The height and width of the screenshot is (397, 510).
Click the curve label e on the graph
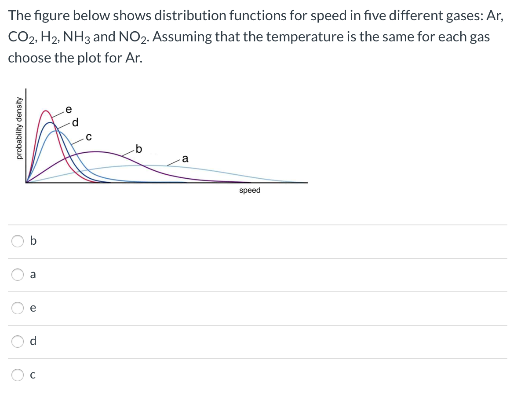click(68, 109)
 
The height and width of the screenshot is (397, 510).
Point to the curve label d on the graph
click(75, 121)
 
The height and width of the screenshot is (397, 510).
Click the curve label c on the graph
click(88, 137)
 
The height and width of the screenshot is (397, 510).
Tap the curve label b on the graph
click(139, 149)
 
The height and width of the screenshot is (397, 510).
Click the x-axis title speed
click(250, 190)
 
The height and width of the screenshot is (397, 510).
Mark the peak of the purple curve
click(95, 151)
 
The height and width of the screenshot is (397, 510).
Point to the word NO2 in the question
click(132, 37)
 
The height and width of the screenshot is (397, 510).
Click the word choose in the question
click(29, 58)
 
